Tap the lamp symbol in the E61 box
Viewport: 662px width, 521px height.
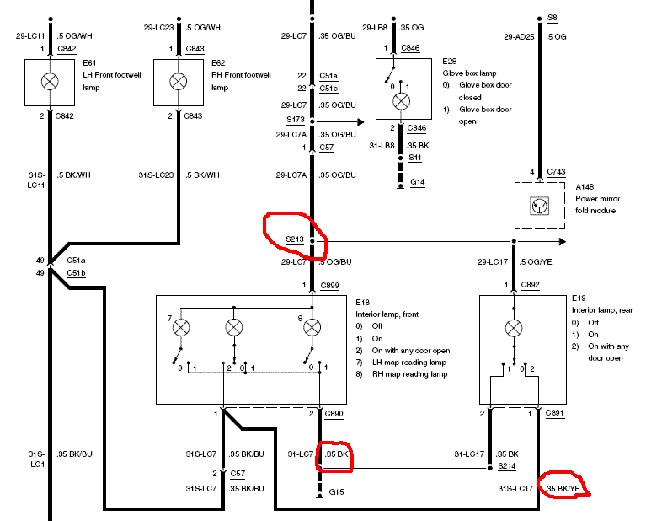pos(51,82)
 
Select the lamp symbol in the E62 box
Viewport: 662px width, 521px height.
pos(178,82)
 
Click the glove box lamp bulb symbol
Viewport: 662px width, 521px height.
pos(402,101)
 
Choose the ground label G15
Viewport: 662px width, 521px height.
pos(337,492)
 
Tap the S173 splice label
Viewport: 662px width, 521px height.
pos(294,122)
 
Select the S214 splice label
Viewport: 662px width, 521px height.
pos(506,465)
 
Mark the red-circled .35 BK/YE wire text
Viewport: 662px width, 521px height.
pos(563,488)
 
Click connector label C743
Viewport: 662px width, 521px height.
pos(556,172)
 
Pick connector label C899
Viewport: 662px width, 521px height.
pos(329,286)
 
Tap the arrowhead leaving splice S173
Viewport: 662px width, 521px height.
pos(361,122)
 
